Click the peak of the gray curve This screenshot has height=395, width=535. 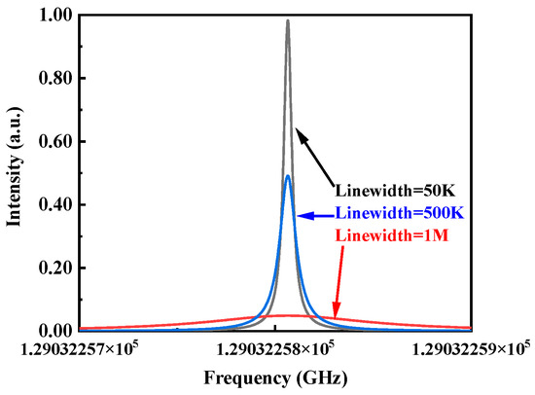(288, 20)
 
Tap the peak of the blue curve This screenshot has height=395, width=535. (288, 176)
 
